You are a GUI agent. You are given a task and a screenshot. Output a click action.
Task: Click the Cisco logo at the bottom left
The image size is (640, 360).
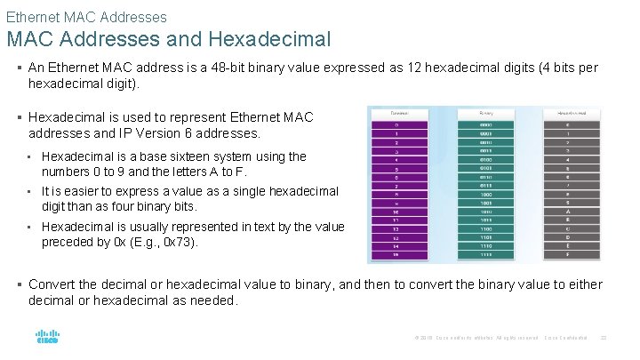(47, 338)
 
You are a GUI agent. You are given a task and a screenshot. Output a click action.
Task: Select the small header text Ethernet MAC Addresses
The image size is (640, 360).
(86, 16)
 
